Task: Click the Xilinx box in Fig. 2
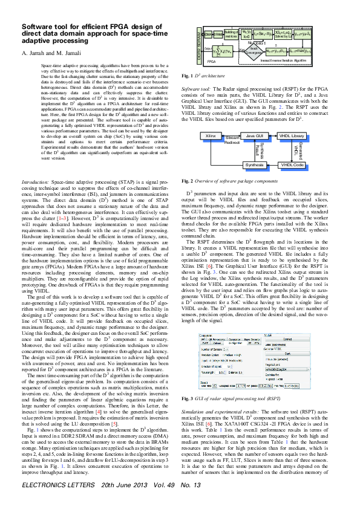(211, 138)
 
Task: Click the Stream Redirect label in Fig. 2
(232, 140)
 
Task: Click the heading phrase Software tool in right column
(194, 88)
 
